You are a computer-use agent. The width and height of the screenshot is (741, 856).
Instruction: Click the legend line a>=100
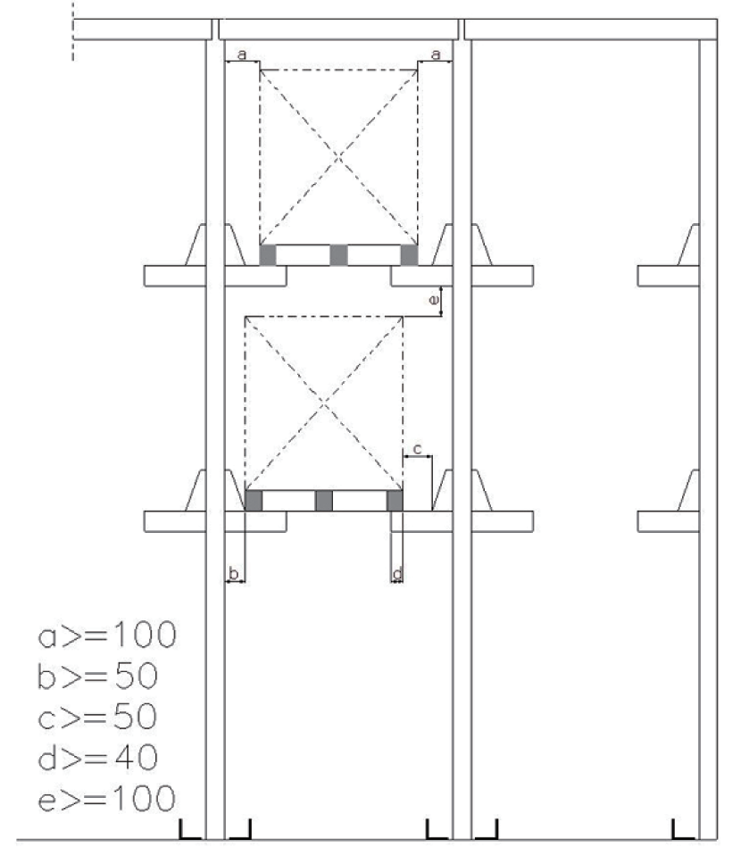pos(107,635)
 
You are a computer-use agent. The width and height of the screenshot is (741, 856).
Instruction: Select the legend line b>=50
pos(97,676)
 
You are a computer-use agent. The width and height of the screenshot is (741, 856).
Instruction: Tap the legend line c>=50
pos(97,716)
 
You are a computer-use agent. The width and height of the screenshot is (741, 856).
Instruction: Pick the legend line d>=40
pos(97,757)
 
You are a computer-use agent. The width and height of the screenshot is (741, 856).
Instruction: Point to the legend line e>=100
pos(107,798)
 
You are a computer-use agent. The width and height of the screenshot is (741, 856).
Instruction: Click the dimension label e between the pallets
pos(434,300)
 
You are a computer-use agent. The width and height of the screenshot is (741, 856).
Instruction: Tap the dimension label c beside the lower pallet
pos(418,449)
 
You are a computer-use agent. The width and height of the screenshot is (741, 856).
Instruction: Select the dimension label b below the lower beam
pos(234,574)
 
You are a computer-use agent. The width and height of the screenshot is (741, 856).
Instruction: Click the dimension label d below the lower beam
pos(397,574)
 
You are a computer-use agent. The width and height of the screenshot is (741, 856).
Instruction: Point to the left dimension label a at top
pos(243,54)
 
